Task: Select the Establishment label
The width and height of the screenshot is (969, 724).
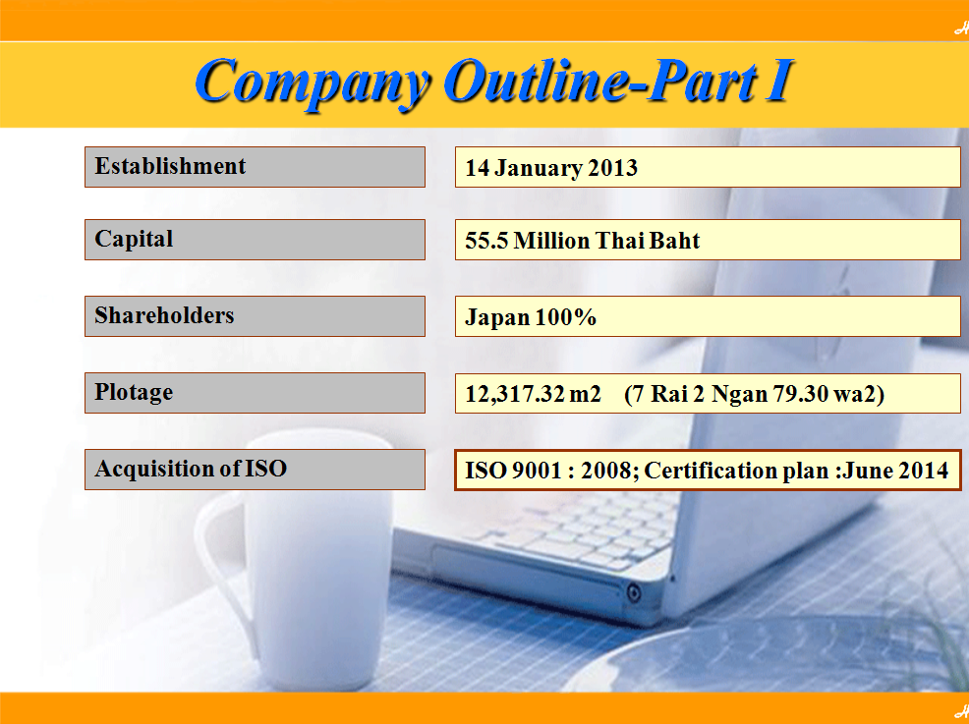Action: coord(170,166)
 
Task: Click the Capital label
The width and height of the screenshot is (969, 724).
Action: coord(134,240)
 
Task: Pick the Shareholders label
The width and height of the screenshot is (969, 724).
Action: coord(164,315)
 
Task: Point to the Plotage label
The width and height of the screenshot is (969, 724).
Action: coord(134,393)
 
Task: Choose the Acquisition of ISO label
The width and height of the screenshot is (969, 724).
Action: coord(191,469)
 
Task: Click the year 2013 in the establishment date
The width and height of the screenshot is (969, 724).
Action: coord(612,168)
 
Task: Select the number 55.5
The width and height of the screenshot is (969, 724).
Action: coord(486,241)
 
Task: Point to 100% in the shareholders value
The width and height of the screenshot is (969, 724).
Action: coord(565,317)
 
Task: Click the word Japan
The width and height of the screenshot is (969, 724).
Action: coord(497,318)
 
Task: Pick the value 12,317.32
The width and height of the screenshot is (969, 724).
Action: coord(515,395)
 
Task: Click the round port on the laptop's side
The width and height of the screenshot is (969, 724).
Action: coord(634,593)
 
